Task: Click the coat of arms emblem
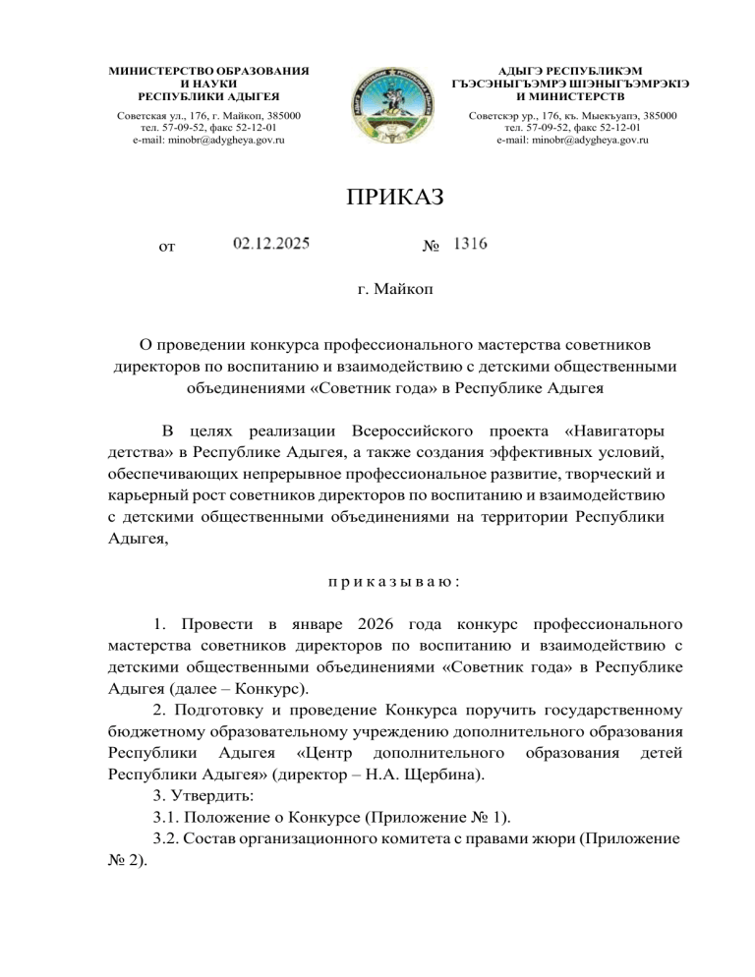(377, 106)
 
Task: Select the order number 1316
(469, 243)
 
